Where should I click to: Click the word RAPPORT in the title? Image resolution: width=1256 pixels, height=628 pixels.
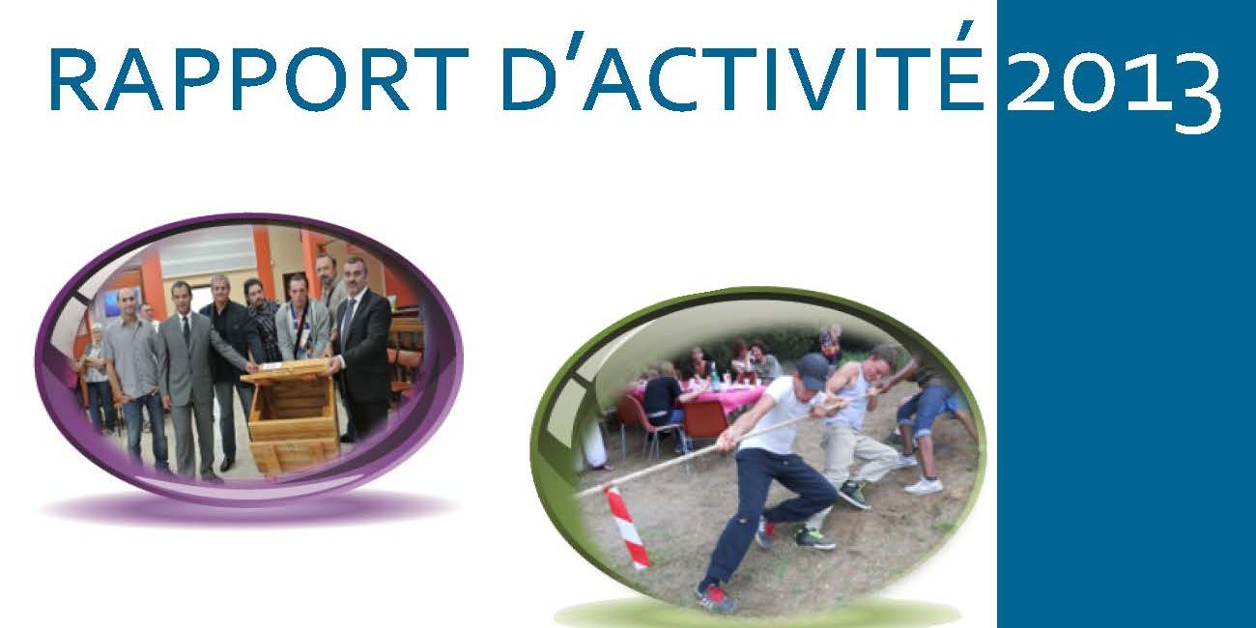(x=259, y=80)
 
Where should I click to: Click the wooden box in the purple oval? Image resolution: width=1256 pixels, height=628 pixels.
(x=292, y=414)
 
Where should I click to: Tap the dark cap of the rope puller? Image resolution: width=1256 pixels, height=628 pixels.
(x=814, y=371)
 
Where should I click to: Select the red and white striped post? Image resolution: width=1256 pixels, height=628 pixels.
(x=627, y=528)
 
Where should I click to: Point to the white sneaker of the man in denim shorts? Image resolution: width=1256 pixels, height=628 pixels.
(x=924, y=485)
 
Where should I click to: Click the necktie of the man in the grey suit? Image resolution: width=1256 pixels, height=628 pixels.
(x=186, y=331)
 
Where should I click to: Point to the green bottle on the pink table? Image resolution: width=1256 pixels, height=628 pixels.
(x=714, y=376)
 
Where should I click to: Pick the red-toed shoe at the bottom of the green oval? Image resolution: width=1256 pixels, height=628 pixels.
(x=716, y=597)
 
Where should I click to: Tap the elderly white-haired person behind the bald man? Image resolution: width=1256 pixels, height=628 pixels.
(x=97, y=376)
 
